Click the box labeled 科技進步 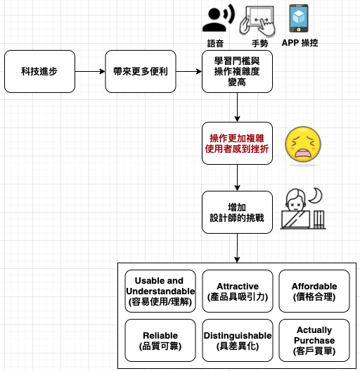point(39,71)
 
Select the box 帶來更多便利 point(141,71)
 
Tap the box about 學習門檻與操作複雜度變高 point(237,71)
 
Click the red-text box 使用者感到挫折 point(237,143)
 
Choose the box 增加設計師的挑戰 point(237,212)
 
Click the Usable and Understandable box point(160,291)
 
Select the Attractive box point(238,291)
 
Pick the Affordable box point(314,291)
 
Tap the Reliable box point(160,340)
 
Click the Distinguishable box point(238,340)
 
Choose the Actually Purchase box point(314,340)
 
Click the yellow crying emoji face point(303,144)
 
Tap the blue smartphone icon point(299,18)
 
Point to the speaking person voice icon point(219,18)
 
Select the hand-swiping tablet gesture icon point(257,21)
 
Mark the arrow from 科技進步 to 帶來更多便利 point(90,71)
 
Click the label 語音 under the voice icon point(215,44)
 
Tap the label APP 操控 point(300,43)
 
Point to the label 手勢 point(259,44)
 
